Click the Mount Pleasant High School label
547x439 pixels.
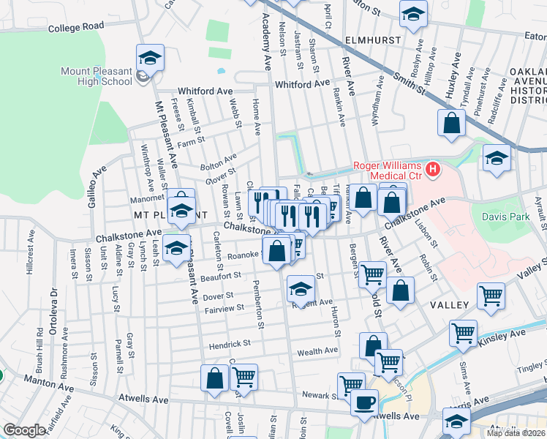97,76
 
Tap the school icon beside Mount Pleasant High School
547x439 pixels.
150,58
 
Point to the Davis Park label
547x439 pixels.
503,216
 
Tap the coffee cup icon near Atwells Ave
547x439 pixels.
364,402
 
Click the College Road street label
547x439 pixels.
77,27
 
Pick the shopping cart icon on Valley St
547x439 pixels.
491,296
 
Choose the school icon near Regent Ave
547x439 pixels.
300,288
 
